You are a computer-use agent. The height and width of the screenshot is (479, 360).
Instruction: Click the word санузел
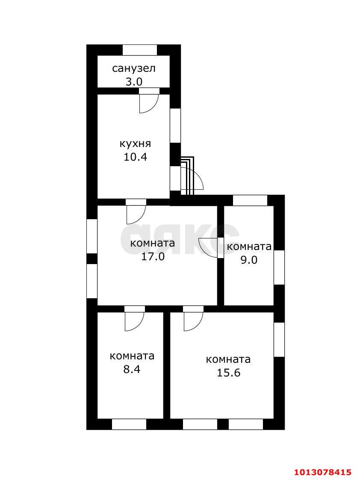(134, 68)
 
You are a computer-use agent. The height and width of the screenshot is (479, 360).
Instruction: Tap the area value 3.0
(134, 82)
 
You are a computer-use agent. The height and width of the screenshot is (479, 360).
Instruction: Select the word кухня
(135, 144)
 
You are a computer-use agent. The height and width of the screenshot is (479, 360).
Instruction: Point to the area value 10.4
(136, 157)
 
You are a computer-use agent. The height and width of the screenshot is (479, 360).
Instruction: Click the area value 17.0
(153, 256)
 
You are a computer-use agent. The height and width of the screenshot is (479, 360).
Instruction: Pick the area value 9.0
(249, 260)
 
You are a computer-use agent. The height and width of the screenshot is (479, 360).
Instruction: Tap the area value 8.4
(132, 369)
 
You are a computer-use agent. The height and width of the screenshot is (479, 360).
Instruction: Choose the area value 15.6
(229, 373)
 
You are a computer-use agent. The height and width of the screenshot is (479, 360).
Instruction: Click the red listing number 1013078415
(323, 472)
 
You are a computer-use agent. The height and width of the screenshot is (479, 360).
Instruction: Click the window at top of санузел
(140, 50)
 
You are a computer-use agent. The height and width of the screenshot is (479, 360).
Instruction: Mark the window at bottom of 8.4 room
(129, 424)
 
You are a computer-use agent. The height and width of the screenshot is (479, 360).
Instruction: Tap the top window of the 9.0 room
(250, 200)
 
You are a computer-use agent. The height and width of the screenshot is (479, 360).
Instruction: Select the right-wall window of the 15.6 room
(279, 339)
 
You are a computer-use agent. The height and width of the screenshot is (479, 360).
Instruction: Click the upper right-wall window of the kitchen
(175, 126)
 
